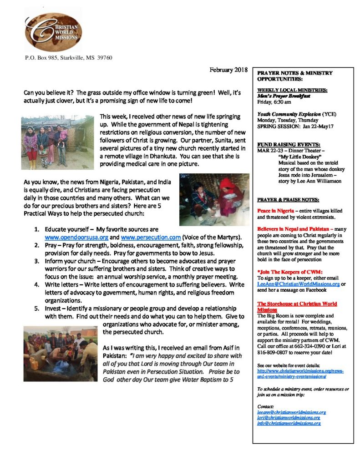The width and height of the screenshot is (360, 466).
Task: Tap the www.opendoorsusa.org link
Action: (x=76, y=238)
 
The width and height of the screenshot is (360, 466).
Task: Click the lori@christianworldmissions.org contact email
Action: (x=289, y=417)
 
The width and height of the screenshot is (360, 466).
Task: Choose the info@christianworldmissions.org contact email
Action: (x=289, y=423)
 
